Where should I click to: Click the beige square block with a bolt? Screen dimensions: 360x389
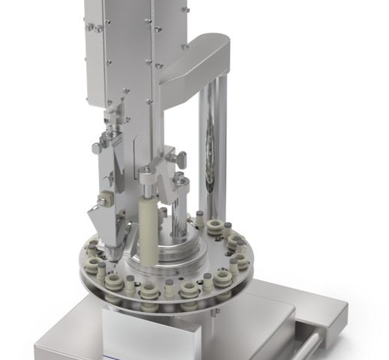tap(103, 199)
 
